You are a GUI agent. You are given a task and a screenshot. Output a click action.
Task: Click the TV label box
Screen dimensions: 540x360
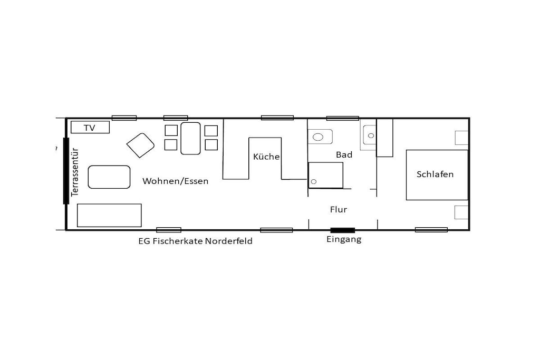pos(90,127)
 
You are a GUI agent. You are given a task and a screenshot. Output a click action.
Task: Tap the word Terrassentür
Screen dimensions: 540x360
pos(75,172)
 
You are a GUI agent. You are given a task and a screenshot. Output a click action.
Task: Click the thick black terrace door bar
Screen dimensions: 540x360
pos(66,171)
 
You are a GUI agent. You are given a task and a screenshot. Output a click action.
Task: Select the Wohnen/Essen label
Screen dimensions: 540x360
pos(175,181)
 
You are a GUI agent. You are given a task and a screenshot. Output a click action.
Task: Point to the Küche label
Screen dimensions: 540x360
pos(266,157)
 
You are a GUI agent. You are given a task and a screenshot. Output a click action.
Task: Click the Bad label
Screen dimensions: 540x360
pos(344,155)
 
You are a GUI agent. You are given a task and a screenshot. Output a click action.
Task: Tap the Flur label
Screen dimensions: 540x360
pos(339,210)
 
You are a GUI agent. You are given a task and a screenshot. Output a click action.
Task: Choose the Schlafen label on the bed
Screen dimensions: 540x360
pos(435,174)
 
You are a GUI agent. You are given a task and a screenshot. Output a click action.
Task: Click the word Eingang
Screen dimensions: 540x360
pos(344,239)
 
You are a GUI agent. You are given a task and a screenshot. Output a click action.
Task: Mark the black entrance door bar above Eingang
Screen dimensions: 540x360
pos(343,230)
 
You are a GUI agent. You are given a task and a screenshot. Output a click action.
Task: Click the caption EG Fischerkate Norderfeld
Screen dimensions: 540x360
pos(195,241)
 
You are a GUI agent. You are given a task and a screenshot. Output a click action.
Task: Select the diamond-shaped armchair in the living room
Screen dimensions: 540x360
pos(140,145)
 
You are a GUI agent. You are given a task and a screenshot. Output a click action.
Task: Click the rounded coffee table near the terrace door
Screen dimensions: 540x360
pos(109,177)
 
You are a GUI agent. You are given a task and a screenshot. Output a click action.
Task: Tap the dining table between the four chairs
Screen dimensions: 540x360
pos(190,138)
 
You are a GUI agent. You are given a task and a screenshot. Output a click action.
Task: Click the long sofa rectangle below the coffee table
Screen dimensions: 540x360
pos(109,216)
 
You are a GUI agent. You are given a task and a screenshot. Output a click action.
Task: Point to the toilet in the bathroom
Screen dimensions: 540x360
pos(320,137)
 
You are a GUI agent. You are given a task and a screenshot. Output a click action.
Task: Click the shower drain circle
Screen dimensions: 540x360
pos(314,181)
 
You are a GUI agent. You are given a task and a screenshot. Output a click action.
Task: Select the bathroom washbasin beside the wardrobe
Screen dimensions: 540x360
pos(369,135)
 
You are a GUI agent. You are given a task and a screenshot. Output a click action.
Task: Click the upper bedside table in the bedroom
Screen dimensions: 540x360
pos(461,138)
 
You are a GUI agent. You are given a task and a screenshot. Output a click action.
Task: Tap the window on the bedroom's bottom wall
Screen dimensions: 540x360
pos(431,230)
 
